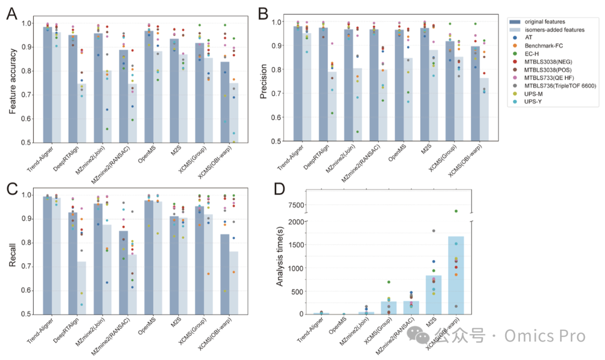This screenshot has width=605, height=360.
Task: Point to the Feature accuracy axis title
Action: [x=13, y=82]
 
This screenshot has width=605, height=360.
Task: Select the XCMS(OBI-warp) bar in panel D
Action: [x=456, y=274]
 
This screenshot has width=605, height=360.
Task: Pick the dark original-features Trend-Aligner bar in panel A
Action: [x=47, y=85]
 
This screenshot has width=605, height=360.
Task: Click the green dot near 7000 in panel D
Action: [x=456, y=211]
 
